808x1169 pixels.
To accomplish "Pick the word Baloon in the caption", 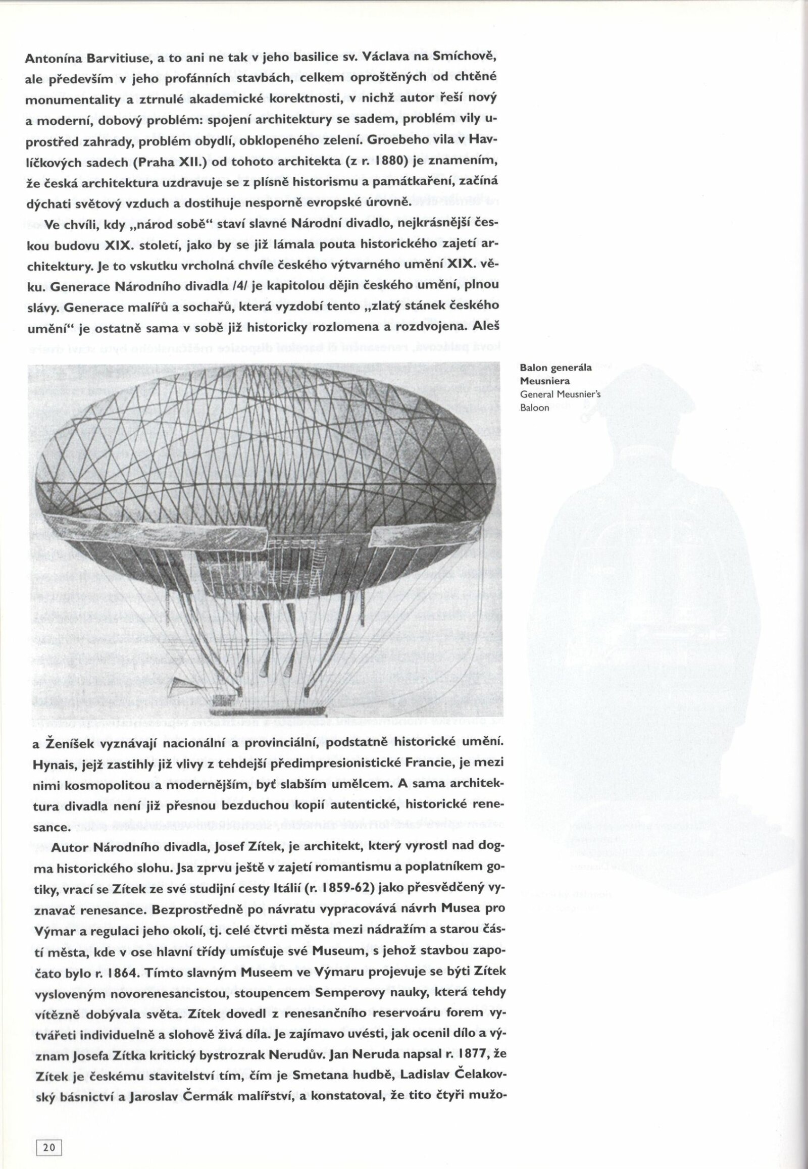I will point(535,408).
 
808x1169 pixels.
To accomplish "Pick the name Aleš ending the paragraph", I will point(486,327).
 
